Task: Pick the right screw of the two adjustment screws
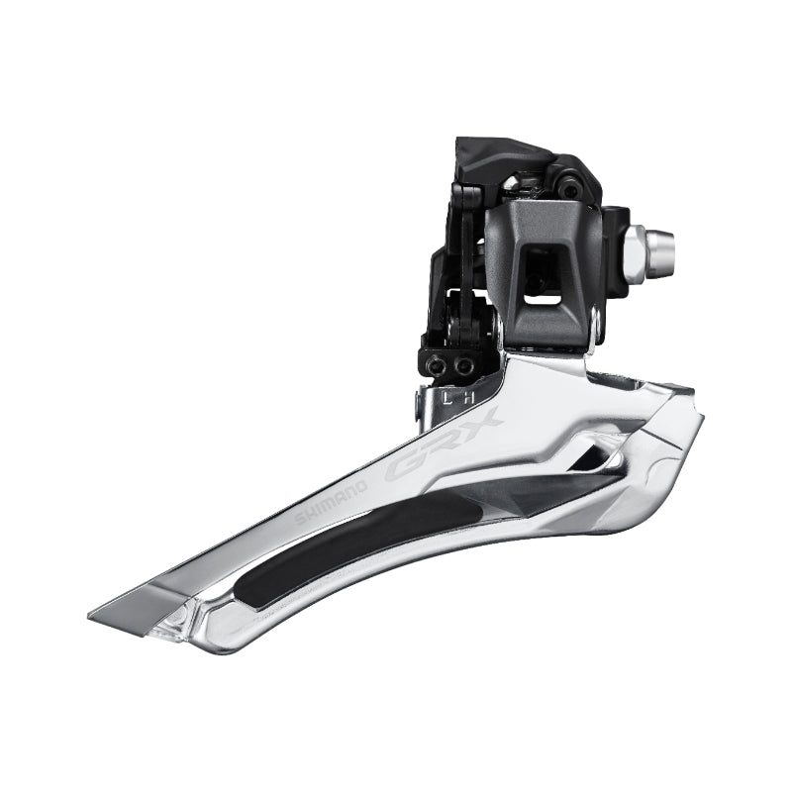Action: [x=461, y=365]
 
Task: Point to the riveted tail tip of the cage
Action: [x=177, y=619]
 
